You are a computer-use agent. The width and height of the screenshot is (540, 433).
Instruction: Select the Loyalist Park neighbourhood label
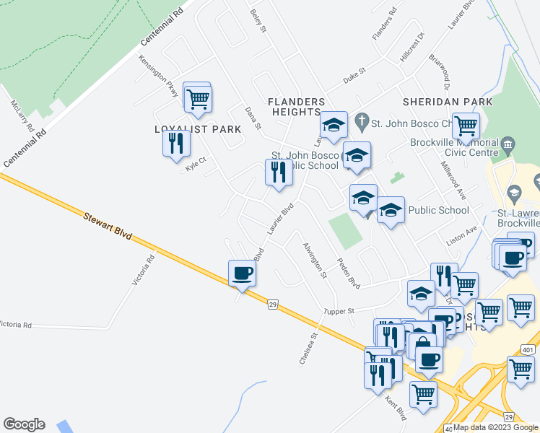coord(197,129)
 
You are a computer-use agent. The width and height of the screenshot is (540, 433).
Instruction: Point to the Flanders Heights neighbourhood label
coord(296,107)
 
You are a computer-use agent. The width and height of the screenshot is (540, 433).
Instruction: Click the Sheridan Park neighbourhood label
coord(448,102)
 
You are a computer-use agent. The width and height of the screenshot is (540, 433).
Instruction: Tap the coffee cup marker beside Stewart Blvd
coord(242,274)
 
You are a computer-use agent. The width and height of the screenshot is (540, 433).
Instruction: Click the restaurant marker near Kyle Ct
coord(176,143)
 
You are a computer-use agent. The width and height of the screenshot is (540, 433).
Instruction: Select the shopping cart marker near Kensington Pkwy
coord(197,99)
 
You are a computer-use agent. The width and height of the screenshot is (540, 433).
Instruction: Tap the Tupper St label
coord(339,311)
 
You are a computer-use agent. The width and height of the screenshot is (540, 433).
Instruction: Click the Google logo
coord(24,424)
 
